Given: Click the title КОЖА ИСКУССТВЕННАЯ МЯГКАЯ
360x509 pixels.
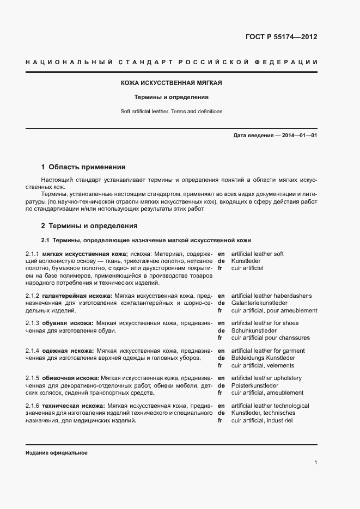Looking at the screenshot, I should [x=172, y=83].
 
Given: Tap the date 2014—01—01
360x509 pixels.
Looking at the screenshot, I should [x=298, y=134].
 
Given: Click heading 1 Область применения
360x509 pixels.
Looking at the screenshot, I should [x=83, y=167].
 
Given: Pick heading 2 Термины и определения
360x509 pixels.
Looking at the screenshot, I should [x=89, y=225].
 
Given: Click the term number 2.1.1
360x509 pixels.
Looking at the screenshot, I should [x=32, y=254].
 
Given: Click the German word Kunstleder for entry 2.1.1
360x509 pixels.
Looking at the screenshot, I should [x=246, y=261].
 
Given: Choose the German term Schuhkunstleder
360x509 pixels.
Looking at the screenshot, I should [x=253, y=330].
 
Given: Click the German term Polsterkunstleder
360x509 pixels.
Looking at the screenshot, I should [x=255, y=385].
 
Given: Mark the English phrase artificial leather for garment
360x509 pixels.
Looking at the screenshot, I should [x=268, y=351].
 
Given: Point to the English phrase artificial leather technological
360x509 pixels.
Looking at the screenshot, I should [x=270, y=406].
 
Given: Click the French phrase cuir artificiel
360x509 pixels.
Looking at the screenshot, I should [x=247, y=268].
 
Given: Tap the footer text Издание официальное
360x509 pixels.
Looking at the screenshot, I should [x=57, y=453].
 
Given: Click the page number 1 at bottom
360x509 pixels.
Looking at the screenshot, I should [x=316, y=463].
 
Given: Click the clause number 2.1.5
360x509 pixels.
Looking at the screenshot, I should [x=32, y=378].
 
